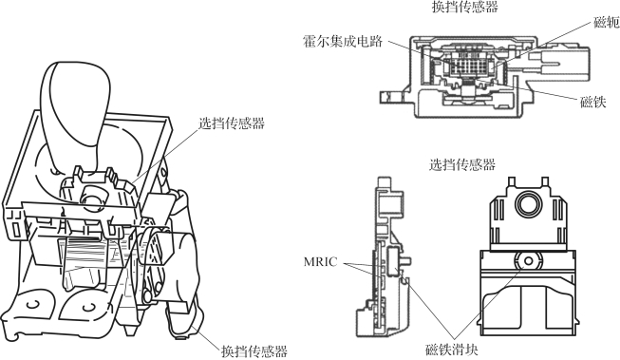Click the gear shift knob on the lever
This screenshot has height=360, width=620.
[x=75, y=103]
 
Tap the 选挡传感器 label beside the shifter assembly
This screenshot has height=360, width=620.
[x=232, y=123]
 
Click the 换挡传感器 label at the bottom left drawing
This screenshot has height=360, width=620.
[x=254, y=351]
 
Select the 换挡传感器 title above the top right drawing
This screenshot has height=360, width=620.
[x=465, y=7]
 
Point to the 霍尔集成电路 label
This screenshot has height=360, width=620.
[x=343, y=41]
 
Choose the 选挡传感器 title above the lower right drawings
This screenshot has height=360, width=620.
[x=462, y=164]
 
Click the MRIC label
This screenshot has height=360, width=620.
[x=321, y=261]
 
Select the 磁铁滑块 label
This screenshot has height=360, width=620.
[x=452, y=350]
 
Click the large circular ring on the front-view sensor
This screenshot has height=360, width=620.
[x=529, y=205]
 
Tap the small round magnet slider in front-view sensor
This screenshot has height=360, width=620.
[x=528, y=261]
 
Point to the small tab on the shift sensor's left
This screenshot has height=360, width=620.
[x=390, y=97]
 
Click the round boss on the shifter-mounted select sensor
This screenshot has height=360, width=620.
[x=93, y=197]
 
